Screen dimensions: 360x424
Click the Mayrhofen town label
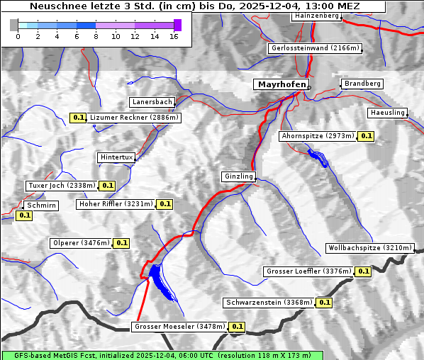pos(281,84)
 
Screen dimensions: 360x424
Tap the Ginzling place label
pos(238,176)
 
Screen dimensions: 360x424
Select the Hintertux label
pos(116,157)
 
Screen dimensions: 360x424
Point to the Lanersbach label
pos(152,102)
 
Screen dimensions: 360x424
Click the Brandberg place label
pos(362,84)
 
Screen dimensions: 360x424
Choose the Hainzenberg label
pos(315,16)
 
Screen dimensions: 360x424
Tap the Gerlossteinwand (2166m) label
pos(315,48)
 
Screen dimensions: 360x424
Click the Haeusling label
pos(387,113)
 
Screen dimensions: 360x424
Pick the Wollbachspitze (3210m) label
pos(369,248)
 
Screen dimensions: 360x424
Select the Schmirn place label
pos(41,206)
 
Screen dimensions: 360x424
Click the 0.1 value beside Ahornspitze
pos(366,135)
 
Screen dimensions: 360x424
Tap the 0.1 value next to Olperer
pos(121,243)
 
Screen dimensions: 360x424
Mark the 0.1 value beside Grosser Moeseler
pos(237,327)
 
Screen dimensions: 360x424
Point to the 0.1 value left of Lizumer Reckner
pos(78,118)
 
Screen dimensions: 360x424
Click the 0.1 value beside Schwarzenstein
pos(324,303)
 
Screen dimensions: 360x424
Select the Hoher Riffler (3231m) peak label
pos(115,204)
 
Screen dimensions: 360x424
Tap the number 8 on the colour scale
pos(96,35)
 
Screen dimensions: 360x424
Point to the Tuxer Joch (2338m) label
pos(61,186)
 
